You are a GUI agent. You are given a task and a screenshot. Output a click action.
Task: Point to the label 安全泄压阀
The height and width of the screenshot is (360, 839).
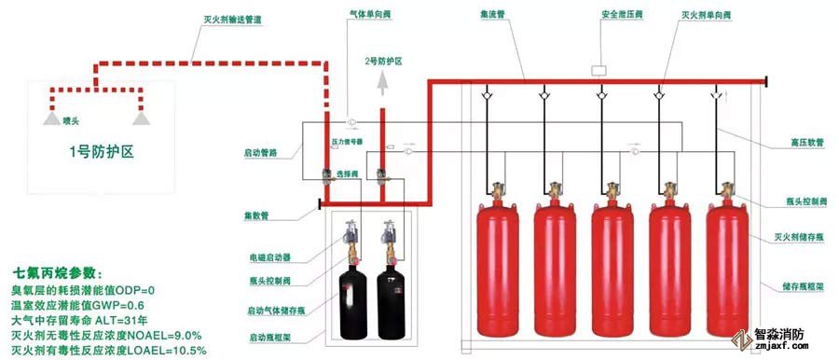(x=599, y=16)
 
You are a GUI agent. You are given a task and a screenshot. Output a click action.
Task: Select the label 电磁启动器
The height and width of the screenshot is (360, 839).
(x=270, y=256)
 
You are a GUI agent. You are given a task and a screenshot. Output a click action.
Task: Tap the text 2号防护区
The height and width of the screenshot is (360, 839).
(x=382, y=61)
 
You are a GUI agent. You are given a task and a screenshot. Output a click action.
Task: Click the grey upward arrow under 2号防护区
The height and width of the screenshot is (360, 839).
(x=382, y=87)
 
